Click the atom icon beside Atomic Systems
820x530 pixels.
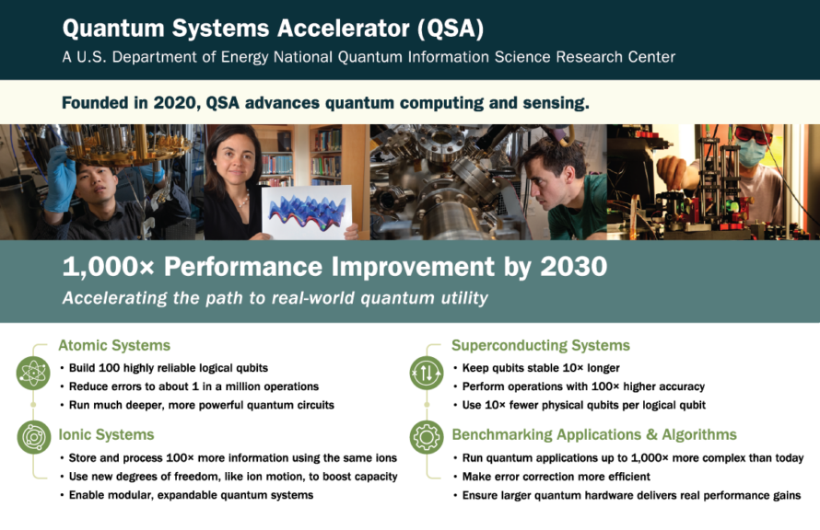(33, 373)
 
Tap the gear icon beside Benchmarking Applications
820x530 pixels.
(427, 436)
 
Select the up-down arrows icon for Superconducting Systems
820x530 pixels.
(427, 373)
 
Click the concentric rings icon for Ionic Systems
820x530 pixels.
(33, 436)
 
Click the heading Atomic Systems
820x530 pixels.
(114, 345)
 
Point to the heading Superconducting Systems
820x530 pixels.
(541, 345)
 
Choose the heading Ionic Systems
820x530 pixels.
(106, 434)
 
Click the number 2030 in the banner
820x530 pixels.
(574, 266)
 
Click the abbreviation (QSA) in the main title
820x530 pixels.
(451, 29)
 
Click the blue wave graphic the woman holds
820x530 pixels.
(307, 213)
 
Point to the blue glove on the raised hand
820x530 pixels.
(60, 179)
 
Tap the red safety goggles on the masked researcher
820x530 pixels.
(754, 133)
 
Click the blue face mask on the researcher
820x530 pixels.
(753, 153)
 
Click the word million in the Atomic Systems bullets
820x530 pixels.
(244, 386)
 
